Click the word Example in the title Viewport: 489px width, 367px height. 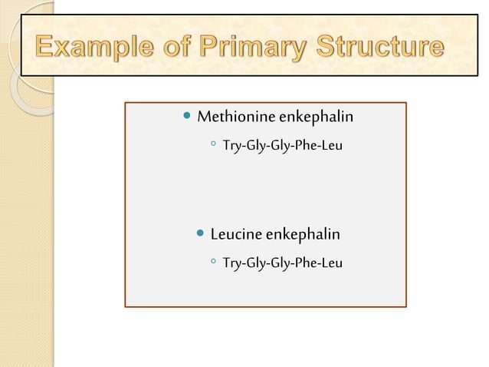90,50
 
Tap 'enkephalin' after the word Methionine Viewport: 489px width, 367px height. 316,117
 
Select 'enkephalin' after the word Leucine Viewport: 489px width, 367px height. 308,233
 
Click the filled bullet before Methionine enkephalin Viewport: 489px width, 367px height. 188,117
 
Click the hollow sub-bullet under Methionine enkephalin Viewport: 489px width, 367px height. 211,144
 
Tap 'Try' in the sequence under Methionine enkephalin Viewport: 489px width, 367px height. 231,144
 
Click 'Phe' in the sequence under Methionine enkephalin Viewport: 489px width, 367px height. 300,144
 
